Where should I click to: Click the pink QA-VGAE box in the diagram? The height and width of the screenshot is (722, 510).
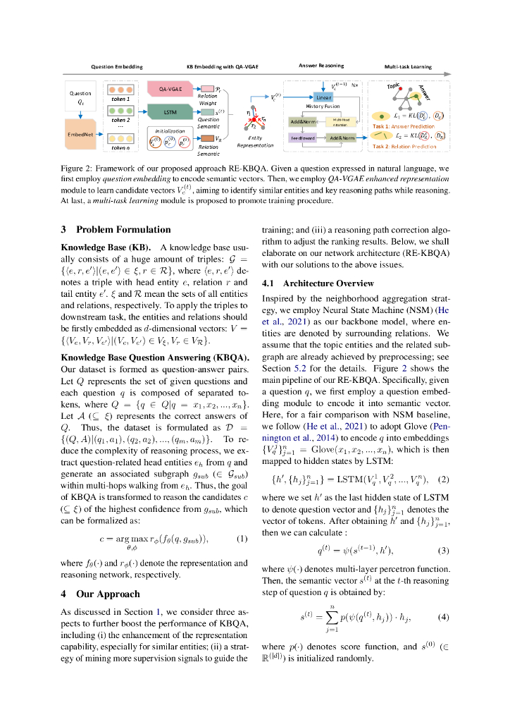(172, 90)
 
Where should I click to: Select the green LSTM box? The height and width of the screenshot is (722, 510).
(169, 112)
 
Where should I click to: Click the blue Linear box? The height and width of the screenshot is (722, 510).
(323, 97)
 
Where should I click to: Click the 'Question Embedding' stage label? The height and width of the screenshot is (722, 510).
(117, 67)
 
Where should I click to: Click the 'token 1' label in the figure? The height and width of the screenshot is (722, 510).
(121, 99)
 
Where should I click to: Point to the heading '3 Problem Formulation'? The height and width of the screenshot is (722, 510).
(116, 229)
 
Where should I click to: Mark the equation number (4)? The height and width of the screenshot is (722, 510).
(443, 617)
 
